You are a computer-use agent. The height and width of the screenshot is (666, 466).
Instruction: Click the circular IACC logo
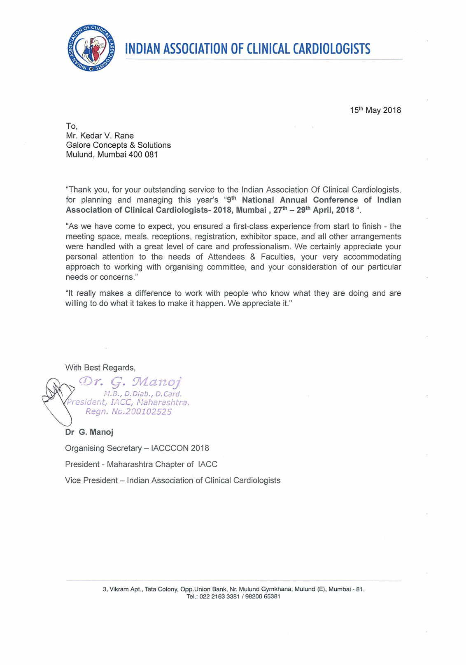(91, 48)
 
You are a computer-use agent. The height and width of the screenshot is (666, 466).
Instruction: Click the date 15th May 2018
(375, 110)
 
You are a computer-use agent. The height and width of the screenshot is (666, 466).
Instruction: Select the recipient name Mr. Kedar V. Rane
(100, 136)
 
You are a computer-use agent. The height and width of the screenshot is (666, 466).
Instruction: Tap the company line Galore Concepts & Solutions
(118, 145)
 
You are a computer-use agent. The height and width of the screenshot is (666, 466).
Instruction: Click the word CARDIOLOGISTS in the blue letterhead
(331, 49)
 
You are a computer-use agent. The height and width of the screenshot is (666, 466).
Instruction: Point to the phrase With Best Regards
(100, 367)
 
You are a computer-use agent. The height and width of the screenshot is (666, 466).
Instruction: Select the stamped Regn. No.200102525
(128, 411)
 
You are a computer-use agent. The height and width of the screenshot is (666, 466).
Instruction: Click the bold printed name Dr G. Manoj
(89, 432)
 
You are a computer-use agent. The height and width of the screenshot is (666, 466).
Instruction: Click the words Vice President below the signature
(91, 480)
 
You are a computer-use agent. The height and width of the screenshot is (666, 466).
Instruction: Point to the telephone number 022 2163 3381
(219, 596)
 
